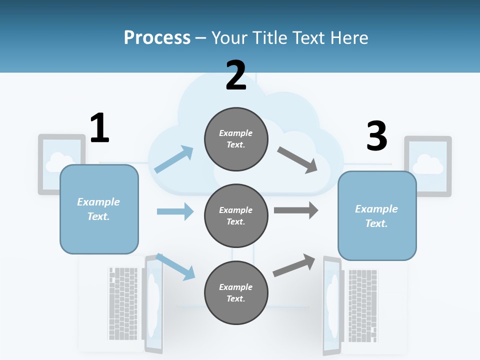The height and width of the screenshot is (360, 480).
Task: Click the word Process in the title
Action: [x=157, y=37]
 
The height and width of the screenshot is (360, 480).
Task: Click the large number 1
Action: [x=99, y=128]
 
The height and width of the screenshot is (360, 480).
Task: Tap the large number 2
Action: [x=236, y=75]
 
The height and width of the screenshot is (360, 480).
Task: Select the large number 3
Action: [x=376, y=136]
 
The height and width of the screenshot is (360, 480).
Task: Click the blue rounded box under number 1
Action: [x=99, y=209]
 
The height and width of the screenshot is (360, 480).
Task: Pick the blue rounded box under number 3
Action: [x=377, y=215]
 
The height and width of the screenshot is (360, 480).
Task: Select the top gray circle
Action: [x=236, y=138]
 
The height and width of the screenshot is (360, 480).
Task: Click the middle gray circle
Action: [x=236, y=215]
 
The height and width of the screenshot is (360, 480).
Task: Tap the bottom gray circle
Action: [x=236, y=292]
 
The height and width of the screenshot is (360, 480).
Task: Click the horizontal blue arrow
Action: [x=175, y=211]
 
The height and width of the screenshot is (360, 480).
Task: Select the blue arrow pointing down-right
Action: [x=175, y=267]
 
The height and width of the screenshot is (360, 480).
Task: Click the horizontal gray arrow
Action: [x=296, y=210]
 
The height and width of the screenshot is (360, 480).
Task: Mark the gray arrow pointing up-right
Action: [x=294, y=265]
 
